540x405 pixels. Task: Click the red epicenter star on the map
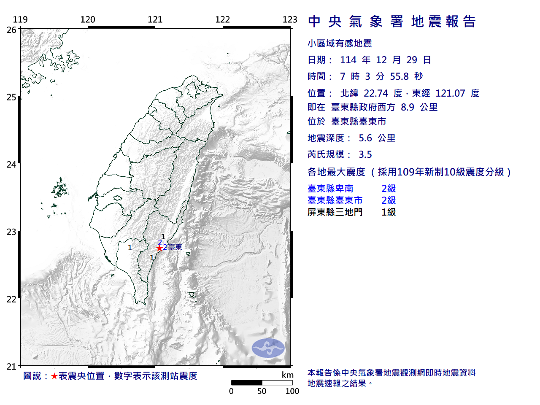(159, 248)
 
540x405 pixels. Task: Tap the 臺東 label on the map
(175, 247)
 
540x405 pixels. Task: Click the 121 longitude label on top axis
(155, 19)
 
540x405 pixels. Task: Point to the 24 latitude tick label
(11, 165)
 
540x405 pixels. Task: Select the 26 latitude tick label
(11, 30)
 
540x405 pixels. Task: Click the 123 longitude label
(290, 19)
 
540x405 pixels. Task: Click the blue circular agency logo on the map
(268, 348)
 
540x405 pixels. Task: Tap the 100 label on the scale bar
(292, 391)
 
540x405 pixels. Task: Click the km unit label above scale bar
(288, 375)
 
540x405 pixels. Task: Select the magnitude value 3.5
(365, 155)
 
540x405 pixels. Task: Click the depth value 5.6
(365, 138)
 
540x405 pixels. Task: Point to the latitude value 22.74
(376, 93)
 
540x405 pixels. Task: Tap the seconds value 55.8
(400, 76)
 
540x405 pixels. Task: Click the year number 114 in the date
(348, 60)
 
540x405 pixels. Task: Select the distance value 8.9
(408, 107)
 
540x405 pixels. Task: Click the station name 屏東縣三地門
(335, 212)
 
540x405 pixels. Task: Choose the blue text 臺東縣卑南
(330, 189)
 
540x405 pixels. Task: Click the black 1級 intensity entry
(389, 212)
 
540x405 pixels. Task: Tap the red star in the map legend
(54, 376)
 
